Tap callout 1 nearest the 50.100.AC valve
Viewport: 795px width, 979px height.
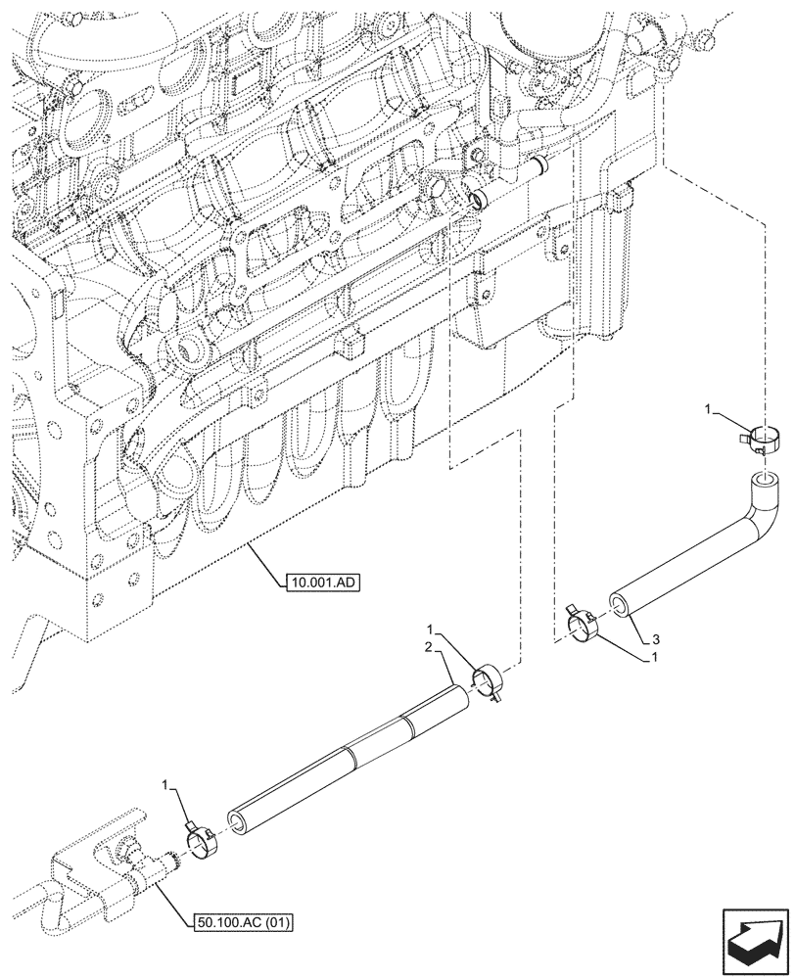(x=167, y=784)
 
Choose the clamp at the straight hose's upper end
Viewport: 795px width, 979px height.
(x=489, y=681)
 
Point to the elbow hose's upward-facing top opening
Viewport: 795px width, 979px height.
(x=763, y=481)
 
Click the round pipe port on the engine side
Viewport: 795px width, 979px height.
(x=479, y=202)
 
